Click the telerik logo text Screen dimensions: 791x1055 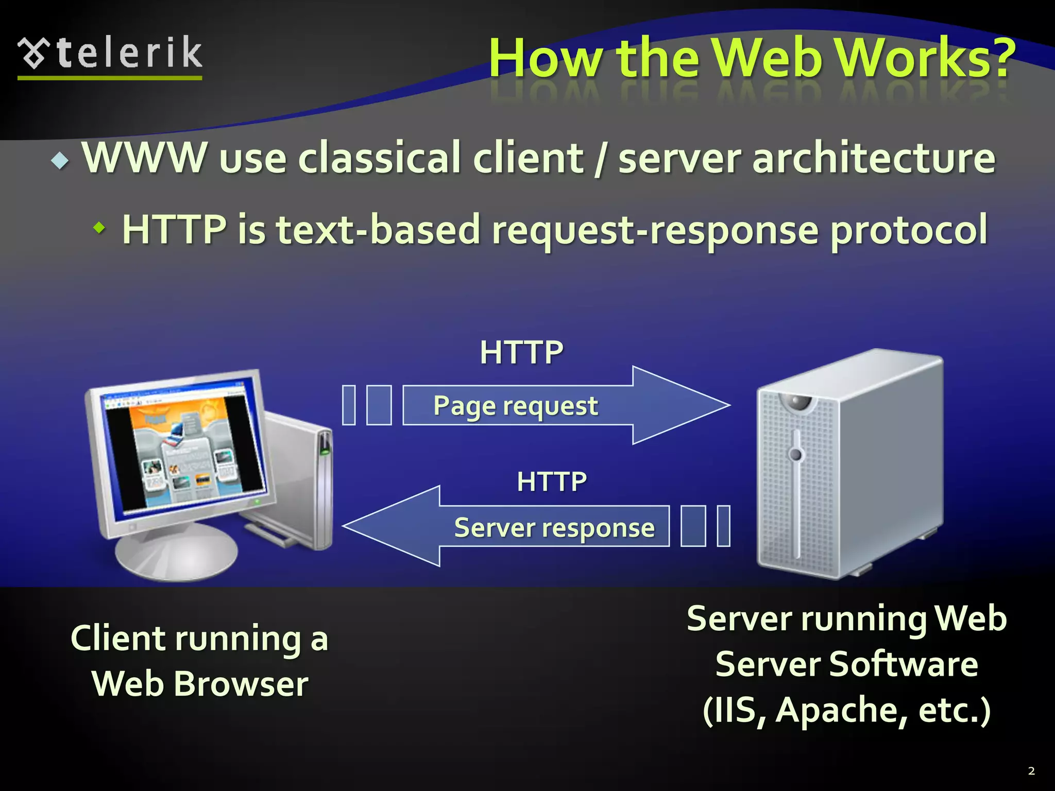129,53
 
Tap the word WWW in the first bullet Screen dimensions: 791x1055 144,158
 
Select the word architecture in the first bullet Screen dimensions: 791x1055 873,158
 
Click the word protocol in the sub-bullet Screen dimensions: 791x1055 909,230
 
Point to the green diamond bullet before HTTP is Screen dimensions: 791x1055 99,227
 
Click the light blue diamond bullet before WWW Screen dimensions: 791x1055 60,162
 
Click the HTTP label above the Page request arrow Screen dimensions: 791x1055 521,353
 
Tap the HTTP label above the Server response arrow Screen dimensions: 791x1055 552,482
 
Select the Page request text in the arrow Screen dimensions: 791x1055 515,406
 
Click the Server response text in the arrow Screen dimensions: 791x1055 554,528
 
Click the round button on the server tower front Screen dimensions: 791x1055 796,455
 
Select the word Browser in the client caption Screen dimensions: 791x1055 241,684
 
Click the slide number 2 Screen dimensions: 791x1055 1031,771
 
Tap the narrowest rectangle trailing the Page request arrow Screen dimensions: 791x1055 349,405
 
